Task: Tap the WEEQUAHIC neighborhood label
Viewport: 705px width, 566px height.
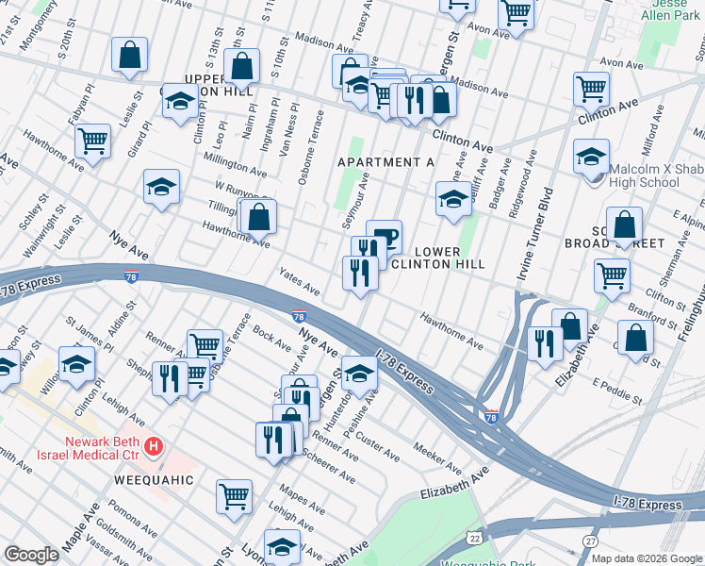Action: [x=154, y=480]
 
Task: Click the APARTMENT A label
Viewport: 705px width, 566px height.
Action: [x=386, y=162]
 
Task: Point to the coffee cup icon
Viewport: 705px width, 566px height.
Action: [x=384, y=235]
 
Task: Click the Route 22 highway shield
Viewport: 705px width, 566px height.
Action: [x=473, y=538]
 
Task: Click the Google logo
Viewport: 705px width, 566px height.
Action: [x=31, y=555]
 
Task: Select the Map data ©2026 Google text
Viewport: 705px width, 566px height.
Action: [x=647, y=558]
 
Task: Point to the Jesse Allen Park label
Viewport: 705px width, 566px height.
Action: [x=669, y=9]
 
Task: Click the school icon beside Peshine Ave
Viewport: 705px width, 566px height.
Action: [x=358, y=373]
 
